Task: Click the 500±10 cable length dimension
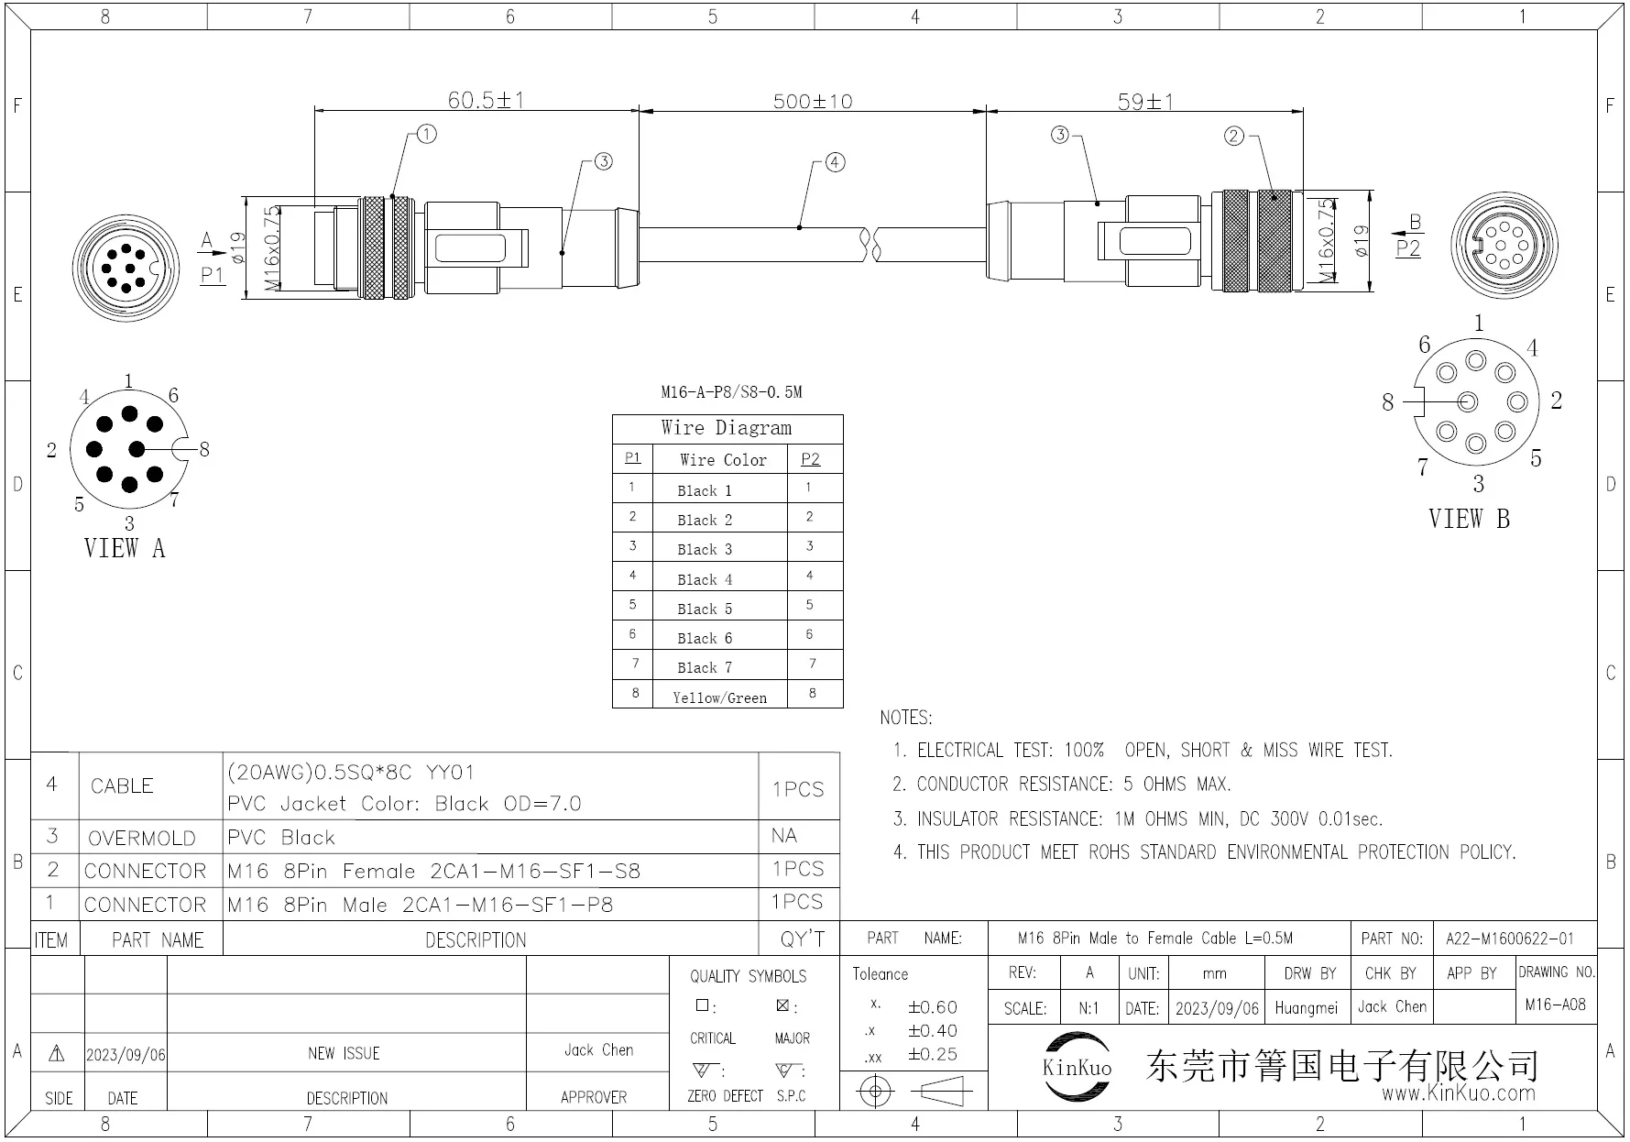pos(813,101)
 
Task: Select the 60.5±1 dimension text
pos(486,99)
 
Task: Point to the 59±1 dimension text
pos(1144,101)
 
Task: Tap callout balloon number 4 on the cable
pos(835,162)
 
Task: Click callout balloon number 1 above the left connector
pos(427,134)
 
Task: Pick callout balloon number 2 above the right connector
pos(1234,136)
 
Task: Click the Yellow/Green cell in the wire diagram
pos(719,697)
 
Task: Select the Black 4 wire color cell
pos(705,579)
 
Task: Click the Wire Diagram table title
pos(726,428)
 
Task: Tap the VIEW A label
pos(124,548)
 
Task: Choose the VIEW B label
pos(1468,519)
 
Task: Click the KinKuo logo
pos(1077,1066)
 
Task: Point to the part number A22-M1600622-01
pos(1509,939)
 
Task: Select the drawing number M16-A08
pos(1555,1005)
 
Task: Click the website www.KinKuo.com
pos(1458,1093)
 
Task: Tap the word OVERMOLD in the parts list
pos(141,838)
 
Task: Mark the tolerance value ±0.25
pos(932,1055)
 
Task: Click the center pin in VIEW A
pos(137,449)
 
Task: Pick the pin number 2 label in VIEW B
pos(1556,400)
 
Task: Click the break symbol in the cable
pos(870,244)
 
